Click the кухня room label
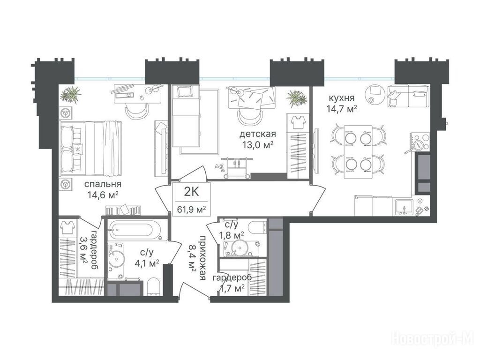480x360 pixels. pos(342,98)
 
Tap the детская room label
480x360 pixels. pos(257,134)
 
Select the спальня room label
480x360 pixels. pos(103,184)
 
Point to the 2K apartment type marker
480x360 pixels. pos(191,192)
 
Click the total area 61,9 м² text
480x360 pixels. pos(191,210)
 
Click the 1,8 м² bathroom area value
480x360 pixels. pos(231,235)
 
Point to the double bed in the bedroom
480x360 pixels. pos(90,149)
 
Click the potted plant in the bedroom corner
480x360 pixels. pos(71,94)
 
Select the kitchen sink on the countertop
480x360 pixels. pos(404,207)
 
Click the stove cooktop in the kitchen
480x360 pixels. pos(420,142)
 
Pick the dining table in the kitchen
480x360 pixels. pos(358,151)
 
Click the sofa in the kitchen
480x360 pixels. pos(408,96)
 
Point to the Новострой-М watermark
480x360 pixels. pos(433,339)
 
